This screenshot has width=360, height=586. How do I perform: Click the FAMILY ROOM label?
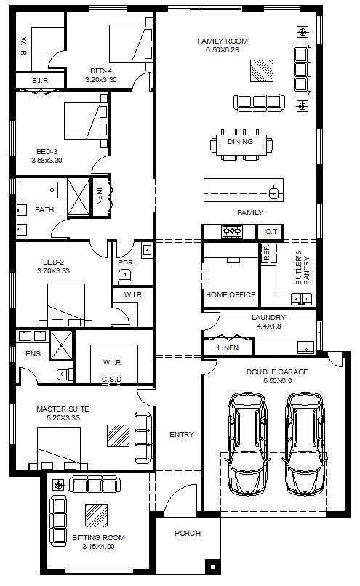pyautogui.click(x=223, y=41)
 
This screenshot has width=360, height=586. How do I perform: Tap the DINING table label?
pyautogui.click(x=241, y=142)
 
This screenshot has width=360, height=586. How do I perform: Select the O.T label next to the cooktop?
pyautogui.click(x=271, y=232)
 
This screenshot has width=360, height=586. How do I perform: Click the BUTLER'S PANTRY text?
pyautogui.click(x=303, y=268)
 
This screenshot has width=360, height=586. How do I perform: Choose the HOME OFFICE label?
pyautogui.click(x=231, y=295)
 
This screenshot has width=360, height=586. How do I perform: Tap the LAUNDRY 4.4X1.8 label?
pyautogui.click(x=268, y=321)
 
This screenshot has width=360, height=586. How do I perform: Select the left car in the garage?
pyautogui.click(x=247, y=444)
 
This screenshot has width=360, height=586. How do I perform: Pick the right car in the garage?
pyautogui.click(x=305, y=444)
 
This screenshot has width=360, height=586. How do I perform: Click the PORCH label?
pyautogui.click(x=188, y=534)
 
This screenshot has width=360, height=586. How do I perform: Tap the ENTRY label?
pyautogui.click(x=182, y=435)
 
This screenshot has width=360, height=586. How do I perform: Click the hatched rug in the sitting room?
pyautogui.click(x=96, y=515)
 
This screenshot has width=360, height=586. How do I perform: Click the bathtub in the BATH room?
pyautogui.click(x=41, y=190)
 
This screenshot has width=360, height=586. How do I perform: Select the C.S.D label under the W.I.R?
pyautogui.click(x=112, y=380)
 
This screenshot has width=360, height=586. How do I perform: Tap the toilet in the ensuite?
pyautogui.click(x=65, y=374)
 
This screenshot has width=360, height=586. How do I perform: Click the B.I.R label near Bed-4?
pyautogui.click(x=40, y=81)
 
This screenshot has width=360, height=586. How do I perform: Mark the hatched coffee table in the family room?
pyautogui.click(x=262, y=71)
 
